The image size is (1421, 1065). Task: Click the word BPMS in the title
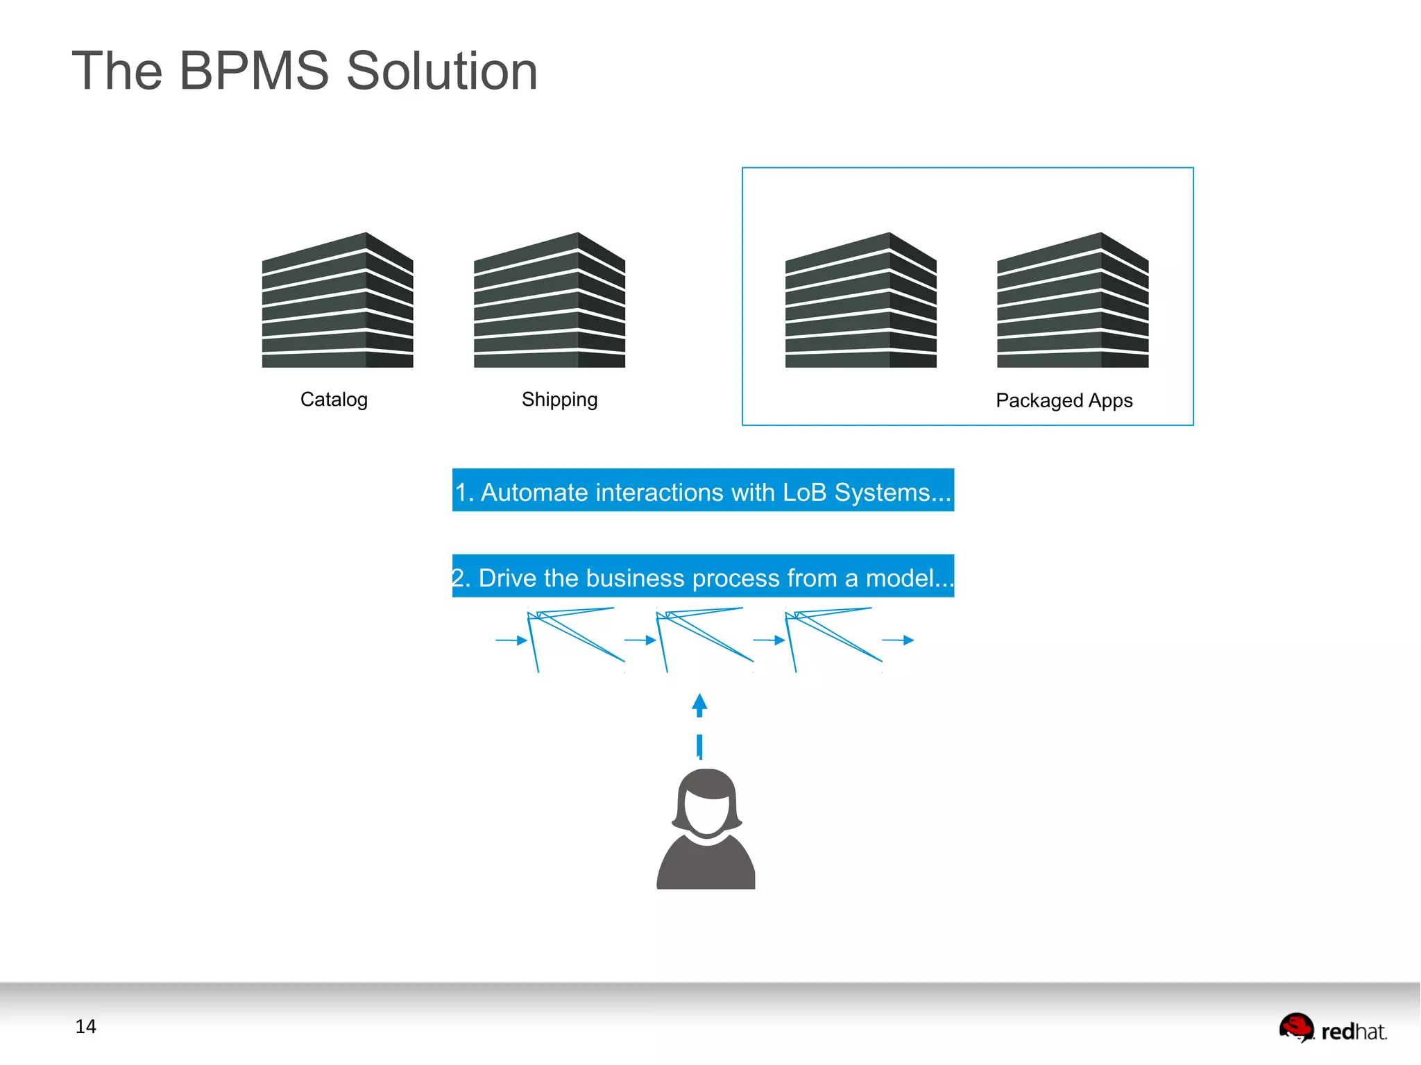click(253, 71)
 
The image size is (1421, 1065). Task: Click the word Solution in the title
click(441, 71)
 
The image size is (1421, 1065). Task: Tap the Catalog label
click(334, 400)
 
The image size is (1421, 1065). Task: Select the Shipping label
click(559, 400)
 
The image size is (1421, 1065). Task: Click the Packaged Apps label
click(1064, 400)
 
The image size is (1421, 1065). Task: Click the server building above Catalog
click(337, 300)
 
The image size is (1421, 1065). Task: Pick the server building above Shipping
click(549, 300)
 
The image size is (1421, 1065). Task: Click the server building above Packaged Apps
click(1072, 300)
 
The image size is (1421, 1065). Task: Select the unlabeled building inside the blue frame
click(860, 300)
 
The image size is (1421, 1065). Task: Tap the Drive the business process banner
click(702, 576)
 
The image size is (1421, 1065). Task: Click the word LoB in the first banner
click(804, 492)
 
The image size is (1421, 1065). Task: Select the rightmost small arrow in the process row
click(899, 640)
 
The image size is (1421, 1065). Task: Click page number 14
click(85, 1026)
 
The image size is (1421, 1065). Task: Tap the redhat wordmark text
click(1354, 1032)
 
